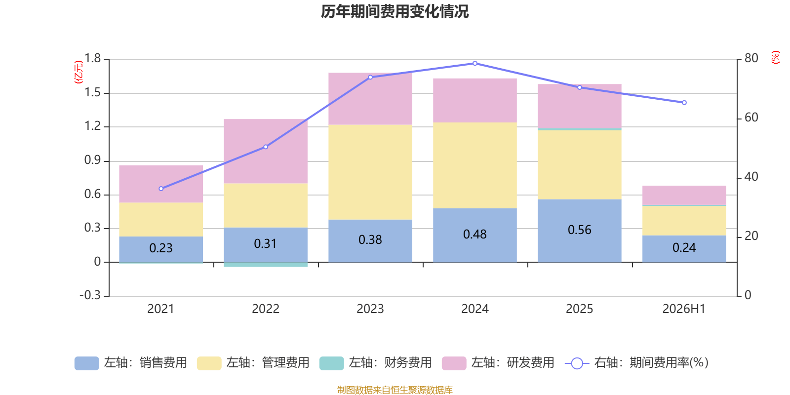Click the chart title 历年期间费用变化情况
(395, 12)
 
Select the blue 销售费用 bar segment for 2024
(474, 235)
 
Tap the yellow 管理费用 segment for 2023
(370, 172)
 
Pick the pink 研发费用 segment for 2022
(266, 151)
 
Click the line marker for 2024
(474, 64)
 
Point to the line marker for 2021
(161, 189)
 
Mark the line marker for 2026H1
(684, 103)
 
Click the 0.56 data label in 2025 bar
(580, 230)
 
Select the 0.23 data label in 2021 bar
(161, 248)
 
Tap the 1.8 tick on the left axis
(92, 58)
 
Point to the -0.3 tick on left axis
(90, 295)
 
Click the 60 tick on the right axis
(751, 118)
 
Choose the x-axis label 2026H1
(684, 309)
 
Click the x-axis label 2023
(370, 309)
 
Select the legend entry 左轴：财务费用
(376, 363)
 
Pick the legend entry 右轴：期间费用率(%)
(636, 363)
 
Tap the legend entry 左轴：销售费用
(131, 363)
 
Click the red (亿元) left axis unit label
(79, 72)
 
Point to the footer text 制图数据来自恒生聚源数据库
(395, 390)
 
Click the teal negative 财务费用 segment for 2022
(266, 265)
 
